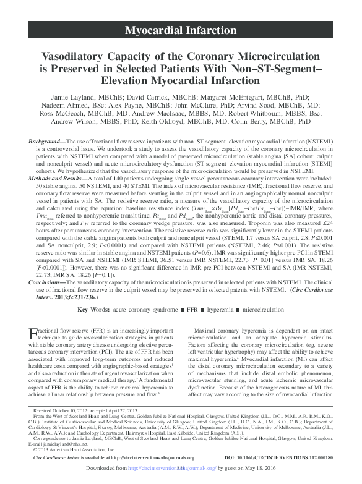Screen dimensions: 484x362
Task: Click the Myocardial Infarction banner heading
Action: tap(180, 30)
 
